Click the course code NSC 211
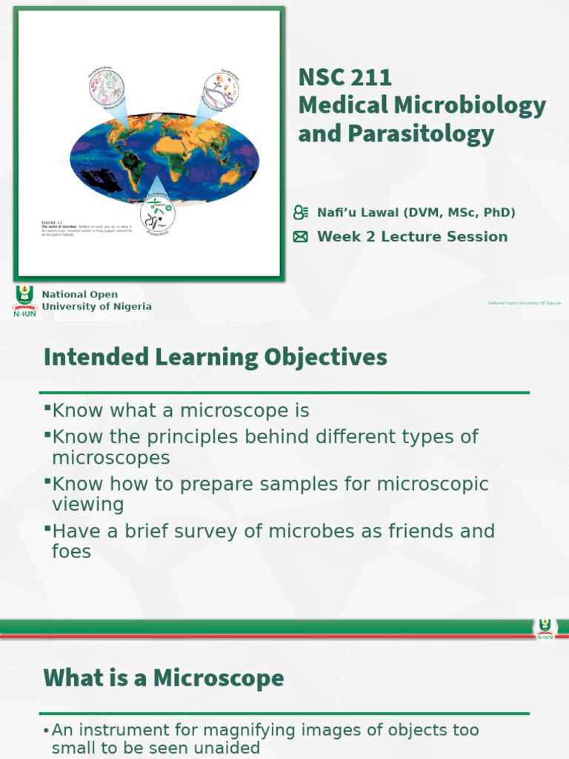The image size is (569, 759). tap(345, 77)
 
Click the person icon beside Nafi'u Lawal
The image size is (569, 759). tap(300, 213)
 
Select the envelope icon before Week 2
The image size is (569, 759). tap(300, 237)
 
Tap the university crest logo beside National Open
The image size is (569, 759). tap(25, 300)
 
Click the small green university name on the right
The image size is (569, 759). tap(524, 303)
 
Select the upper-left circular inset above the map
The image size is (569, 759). tap(107, 87)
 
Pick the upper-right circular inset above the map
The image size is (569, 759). tap(221, 90)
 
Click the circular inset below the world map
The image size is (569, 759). tap(157, 213)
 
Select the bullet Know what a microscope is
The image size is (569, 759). tap(180, 411)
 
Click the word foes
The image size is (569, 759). tap(71, 551)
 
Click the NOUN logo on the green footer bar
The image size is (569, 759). tap(545, 629)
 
